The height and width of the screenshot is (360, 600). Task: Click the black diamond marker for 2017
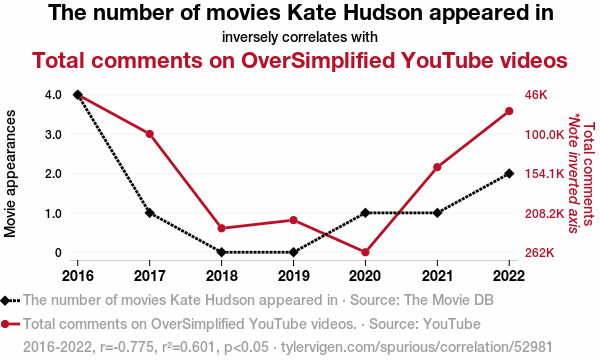point(150,213)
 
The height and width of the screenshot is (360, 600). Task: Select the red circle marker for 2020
point(365,252)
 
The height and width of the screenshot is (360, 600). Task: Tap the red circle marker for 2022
point(509,111)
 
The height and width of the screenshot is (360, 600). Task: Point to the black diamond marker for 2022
point(509,173)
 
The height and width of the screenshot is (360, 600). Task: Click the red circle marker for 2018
point(222,228)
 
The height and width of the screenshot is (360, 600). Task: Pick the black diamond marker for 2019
point(293,252)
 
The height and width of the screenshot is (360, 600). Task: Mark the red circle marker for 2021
point(437,167)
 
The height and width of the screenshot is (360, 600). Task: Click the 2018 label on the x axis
point(222,275)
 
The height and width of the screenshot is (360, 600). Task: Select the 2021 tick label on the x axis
point(437,275)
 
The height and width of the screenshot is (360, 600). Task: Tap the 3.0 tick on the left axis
point(53,134)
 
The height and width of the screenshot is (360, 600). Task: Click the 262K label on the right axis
point(540,253)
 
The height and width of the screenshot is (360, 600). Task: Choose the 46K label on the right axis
point(536,95)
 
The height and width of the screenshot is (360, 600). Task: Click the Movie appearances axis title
point(10,174)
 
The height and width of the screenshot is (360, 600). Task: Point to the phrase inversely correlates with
point(300,37)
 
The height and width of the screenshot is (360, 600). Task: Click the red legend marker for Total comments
point(10,324)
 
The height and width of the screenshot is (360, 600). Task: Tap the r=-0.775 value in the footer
point(126,347)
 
